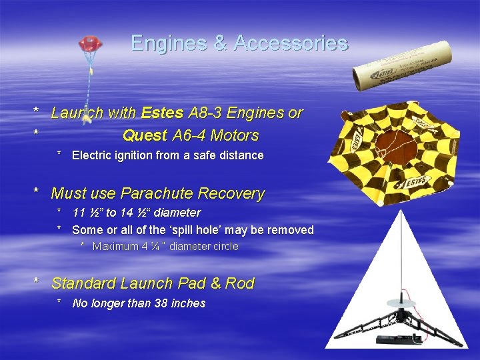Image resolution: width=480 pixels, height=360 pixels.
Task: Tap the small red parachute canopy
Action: click(x=89, y=44)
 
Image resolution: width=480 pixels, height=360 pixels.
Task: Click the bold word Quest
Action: click(x=145, y=136)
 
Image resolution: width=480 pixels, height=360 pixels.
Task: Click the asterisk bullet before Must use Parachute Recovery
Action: click(x=37, y=193)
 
